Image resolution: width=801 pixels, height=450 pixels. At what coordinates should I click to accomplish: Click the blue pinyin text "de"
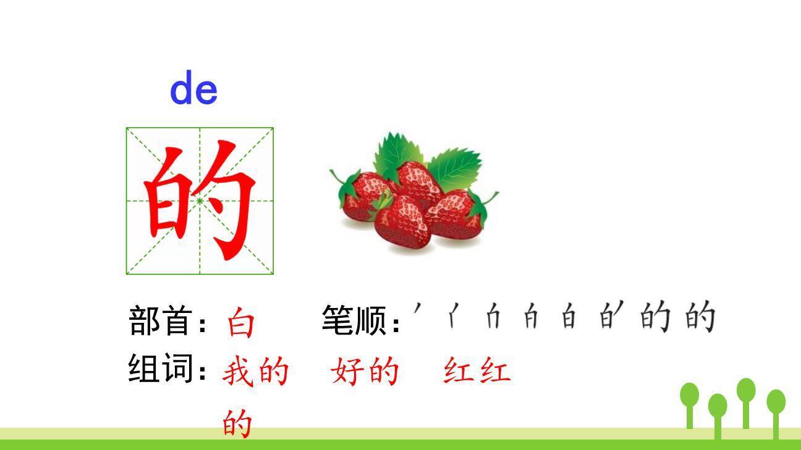pos(193,89)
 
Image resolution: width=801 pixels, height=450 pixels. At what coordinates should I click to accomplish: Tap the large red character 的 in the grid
pos(200,200)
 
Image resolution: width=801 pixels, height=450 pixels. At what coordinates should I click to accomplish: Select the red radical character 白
pos(240,323)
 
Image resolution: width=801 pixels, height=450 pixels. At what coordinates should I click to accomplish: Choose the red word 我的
pos(255,372)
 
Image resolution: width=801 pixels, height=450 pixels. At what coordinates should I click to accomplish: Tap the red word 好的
pos(365,372)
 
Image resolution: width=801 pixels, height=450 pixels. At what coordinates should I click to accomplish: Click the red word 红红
pos(477,372)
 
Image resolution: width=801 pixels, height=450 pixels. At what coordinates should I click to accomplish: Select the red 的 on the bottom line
pos(238,423)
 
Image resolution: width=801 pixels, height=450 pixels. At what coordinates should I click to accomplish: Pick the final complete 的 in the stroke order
pos(700,317)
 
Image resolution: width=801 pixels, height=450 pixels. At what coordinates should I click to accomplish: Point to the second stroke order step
pos(454,317)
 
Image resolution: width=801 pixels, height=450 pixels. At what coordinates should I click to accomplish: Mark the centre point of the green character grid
pos(200,201)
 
